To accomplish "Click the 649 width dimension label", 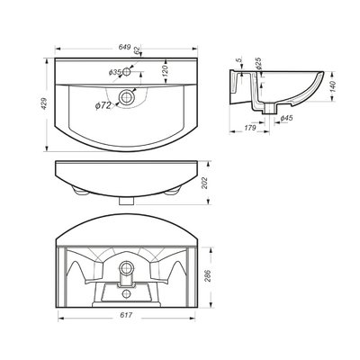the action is point(124,47).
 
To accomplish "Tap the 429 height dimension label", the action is point(44,103).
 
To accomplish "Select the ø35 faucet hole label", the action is point(114,72).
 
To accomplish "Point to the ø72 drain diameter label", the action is point(103,105).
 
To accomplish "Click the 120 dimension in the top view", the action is point(165,70).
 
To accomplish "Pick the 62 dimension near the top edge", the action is point(137,50).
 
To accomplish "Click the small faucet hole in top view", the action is point(127,71).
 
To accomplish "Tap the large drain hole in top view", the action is point(128,97).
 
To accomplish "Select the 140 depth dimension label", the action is point(333,86).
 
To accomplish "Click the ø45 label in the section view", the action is point(286,119).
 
